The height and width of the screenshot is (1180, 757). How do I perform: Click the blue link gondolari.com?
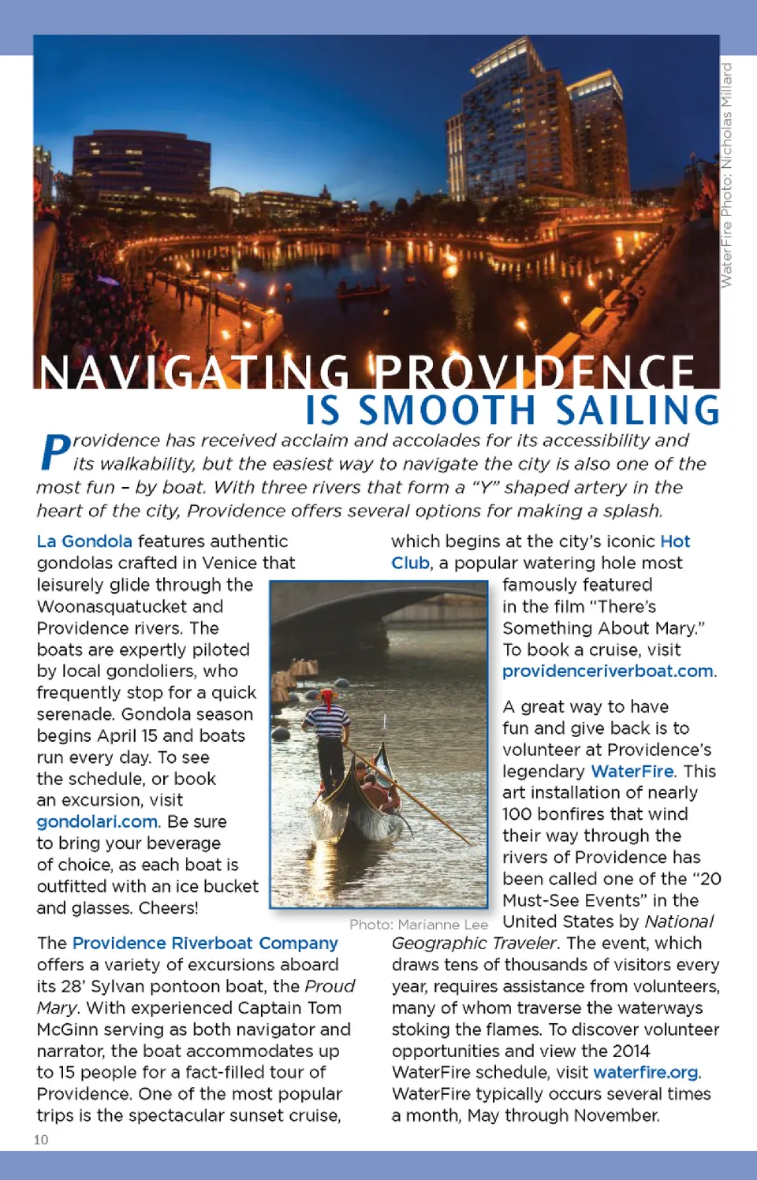[97, 821]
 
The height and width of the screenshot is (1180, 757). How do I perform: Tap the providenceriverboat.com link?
[607, 671]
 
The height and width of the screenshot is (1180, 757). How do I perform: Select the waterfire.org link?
[645, 1072]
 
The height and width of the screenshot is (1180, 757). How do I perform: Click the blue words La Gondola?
[84, 542]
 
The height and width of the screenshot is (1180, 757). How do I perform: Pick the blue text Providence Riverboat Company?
[205, 943]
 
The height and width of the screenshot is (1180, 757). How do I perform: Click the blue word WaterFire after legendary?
[632, 771]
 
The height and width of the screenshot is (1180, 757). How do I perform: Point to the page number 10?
[41, 1139]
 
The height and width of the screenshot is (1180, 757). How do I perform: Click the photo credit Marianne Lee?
[442, 924]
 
